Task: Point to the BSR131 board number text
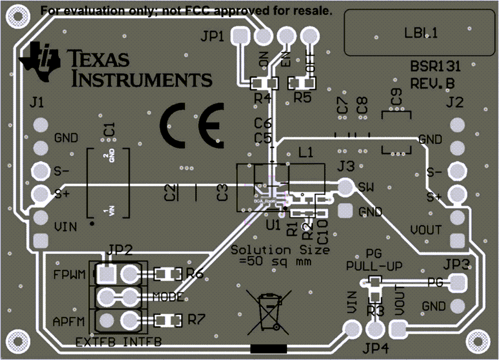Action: click(x=435, y=67)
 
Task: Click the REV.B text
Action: click(x=432, y=84)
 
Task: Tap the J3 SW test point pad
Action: click(x=346, y=186)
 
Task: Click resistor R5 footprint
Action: click(x=303, y=83)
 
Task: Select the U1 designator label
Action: click(x=273, y=225)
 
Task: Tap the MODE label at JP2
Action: click(x=168, y=297)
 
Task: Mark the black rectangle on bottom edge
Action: click(x=269, y=349)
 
